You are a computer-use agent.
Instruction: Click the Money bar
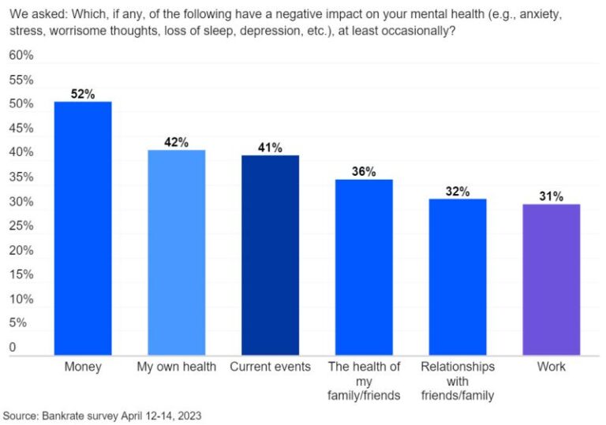click(x=83, y=229)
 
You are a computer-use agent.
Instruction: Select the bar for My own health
click(x=176, y=252)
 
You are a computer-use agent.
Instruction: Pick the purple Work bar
click(x=552, y=279)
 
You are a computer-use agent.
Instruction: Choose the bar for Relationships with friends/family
click(x=458, y=277)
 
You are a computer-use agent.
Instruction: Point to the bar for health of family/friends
click(x=364, y=267)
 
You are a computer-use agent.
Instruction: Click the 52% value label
click(x=83, y=94)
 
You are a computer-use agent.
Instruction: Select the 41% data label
click(x=270, y=147)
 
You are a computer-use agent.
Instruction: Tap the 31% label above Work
click(x=552, y=196)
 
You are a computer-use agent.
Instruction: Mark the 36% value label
click(x=364, y=172)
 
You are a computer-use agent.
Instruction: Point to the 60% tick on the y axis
click(x=21, y=55)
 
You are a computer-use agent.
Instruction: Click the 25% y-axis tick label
click(x=21, y=226)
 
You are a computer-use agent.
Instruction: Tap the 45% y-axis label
click(x=21, y=129)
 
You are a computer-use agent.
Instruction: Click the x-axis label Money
click(x=83, y=367)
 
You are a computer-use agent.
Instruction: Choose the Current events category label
click(x=270, y=367)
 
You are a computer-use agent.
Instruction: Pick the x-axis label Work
click(x=552, y=367)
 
